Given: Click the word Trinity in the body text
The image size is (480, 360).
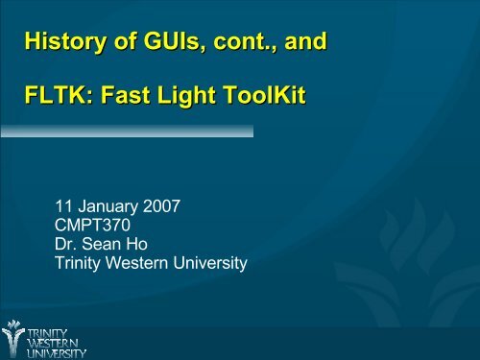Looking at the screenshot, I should (x=83, y=260).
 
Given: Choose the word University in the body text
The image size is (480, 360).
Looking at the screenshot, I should (x=213, y=260).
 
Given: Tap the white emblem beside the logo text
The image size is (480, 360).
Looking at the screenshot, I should (x=12, y=337).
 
